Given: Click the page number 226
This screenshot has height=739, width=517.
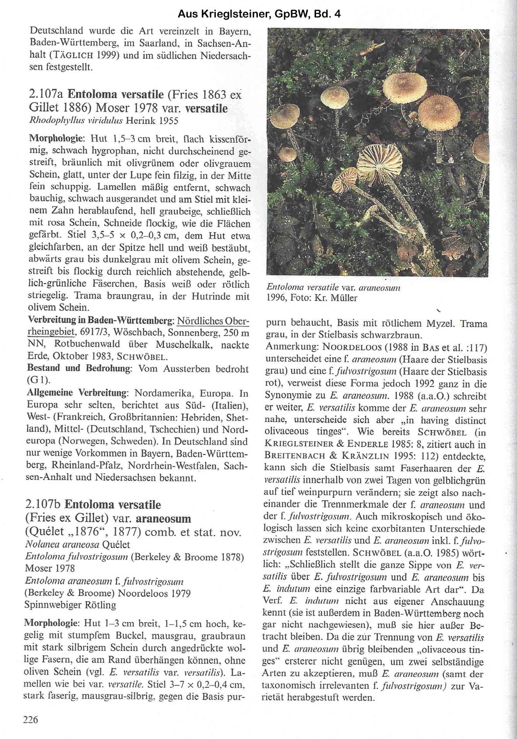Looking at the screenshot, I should [31, 719].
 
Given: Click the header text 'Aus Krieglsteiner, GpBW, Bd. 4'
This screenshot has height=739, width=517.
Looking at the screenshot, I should [259, 14].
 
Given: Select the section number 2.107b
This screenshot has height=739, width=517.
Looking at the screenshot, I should [43, 504].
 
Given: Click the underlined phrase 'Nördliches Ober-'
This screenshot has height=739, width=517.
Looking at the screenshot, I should [213, 320].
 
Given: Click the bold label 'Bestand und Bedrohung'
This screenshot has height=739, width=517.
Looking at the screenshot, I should [80, 368].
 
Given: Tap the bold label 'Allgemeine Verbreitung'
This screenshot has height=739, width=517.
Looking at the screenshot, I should [78, 392].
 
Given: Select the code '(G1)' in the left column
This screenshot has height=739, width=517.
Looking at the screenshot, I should [39, 380].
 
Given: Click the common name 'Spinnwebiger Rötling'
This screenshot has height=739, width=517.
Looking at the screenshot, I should [70, 605].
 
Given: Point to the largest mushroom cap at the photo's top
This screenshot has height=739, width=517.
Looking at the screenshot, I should [404, 83].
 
